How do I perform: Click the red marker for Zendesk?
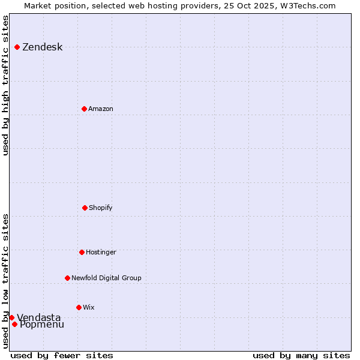pyautogui.click(x=17, y=47)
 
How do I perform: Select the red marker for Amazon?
pyautogui.click(x=84, y=109)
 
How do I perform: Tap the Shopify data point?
pyautogui.click(x=85, y=208)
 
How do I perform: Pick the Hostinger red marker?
pyautogui.click(x=82, y=252)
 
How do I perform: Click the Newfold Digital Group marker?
pyautogui.click(x=67, y=278)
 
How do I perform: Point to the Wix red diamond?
pyautogui.click(x=79, y=307)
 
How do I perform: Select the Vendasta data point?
pyautogui.click(x=11, y=317)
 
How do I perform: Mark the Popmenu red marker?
pyautogui.click(x=14, y=324)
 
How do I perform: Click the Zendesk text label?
pyautogui.click(x=42, y=47)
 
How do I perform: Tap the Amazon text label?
pyautogui.click(x=101, y=109)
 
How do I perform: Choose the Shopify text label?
pyautogui.click(x=101, y=208)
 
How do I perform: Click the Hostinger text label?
pyautogui.click(x=101, y=253)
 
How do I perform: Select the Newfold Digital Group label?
pyautogui.click(x=106, y=278)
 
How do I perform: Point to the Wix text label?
pyautogui.click(x=89, y=308)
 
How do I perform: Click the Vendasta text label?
pyautogui.click(x=38, y=317)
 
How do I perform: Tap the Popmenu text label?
pyautogui.click(x=41, y=325)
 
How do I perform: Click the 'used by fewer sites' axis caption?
pyautogui.click(x=62, y=355)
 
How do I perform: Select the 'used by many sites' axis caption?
pyautogui.click(x=301, y=355)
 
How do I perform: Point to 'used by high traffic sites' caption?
pyautogui.click(x=6, y=85)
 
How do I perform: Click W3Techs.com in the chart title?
pyautogui.click(x=310, y=5)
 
